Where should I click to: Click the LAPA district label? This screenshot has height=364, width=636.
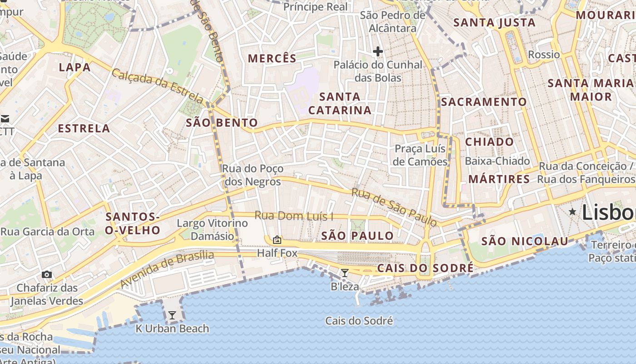pyautogui.click(x=75, y=67)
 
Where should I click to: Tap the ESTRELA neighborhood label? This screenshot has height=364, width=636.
pyautogui.click(x=84, y=128)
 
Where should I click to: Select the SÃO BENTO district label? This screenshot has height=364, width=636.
pyautogui.click(x=222, y=122)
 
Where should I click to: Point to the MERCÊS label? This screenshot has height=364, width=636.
pyautogui.click(x=272, y=58)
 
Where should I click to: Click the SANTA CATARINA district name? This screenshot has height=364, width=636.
pyautogui.click(x=340, y=103)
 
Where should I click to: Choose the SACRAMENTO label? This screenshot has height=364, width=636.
pyautogui.click(x=484, y=102)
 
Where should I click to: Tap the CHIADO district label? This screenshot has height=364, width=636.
pyautogui.click(x=489, y=142)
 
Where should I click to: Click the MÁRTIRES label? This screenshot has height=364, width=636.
pyautogui.click(x=499, y=179)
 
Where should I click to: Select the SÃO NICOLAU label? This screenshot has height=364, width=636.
pyautogui.click(x=525, y=241)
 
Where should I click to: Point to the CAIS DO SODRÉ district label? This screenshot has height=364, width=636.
pyautogui.click(x=425, y=268)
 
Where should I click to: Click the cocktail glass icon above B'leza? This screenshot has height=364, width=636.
pyautogui.click(x=345, y=273)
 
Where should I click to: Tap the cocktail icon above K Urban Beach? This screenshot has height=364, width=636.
pyautogui.click(x=172, y=315)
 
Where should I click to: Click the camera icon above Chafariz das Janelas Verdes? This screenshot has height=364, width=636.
pyautogui.click(x=46, y=274)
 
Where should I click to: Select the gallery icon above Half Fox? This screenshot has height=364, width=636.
pyautogui.click(x=277, y=239)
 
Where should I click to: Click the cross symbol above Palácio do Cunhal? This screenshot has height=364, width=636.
pyautogui.click(x=378, y=51)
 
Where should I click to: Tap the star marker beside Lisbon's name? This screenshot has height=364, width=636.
pyautogui.click(x=572, y=211)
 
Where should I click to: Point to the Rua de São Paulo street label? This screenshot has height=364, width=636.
pyautogui.click(x=394, y=207)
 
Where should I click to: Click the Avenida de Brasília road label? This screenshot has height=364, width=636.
pyautogui.click(x=167, y=268)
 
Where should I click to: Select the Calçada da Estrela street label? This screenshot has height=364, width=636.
pyautogui.click(x=158, y=85)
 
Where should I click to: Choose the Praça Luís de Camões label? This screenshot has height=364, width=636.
pyautogui.click(x=421, y=155)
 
